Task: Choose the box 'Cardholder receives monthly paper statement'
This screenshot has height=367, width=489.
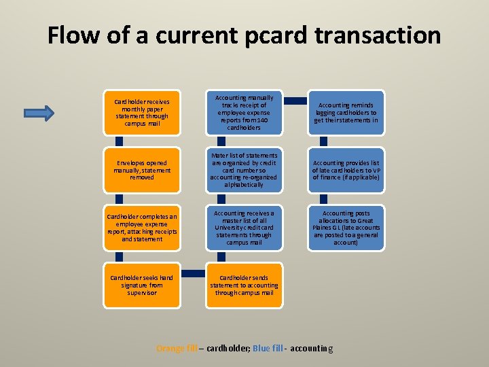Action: [142, 113]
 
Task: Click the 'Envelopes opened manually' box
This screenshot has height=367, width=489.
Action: [142, 171]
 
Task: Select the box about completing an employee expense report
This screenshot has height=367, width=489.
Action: [142, 228]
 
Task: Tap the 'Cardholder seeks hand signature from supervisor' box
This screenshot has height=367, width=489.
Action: [142, 285]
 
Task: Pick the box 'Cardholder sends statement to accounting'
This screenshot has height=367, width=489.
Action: [244, 285]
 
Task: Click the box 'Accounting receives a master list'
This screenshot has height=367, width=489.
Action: [244, 228]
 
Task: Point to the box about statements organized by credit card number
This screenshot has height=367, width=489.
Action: [244, 171]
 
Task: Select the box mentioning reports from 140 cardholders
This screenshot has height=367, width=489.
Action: [244, 113]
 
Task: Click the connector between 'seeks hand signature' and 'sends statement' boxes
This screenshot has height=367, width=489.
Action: [194, 273]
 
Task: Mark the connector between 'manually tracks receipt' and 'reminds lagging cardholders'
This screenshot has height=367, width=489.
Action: [295, 101]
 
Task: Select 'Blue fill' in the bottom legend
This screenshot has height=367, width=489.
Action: [267, 349]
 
